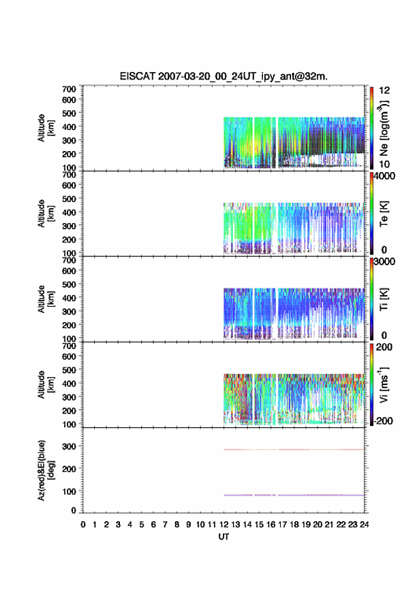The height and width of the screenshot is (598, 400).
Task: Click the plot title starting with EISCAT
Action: [224, 76]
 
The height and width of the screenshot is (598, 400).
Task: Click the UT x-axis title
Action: [224, 537]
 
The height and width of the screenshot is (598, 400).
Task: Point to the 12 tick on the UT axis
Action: [224, 525]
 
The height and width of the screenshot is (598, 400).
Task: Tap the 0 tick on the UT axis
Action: [83, 525]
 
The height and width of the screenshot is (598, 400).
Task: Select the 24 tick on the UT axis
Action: [364, 525]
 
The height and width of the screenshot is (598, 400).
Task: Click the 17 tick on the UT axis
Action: [282, 525]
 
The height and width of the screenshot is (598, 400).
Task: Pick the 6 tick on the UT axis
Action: [153, 525]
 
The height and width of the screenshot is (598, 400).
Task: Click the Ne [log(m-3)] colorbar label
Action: [384, 128]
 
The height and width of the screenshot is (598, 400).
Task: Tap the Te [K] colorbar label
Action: [384, 214]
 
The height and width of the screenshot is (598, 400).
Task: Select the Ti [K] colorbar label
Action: [384, 299]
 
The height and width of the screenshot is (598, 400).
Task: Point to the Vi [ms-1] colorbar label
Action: [384, 385]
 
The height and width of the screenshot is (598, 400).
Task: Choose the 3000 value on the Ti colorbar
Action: [384, 262]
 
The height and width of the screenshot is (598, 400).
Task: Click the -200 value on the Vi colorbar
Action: [382, 420]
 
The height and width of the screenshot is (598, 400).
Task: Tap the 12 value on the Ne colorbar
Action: [384, 90]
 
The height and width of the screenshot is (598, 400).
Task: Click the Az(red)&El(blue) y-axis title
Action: [46, 470]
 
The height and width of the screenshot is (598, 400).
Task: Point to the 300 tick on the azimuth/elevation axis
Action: [69, 446]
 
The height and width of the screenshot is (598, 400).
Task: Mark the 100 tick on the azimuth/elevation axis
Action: [69, 491]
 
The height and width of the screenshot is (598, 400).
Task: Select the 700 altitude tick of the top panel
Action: [69, 89]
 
